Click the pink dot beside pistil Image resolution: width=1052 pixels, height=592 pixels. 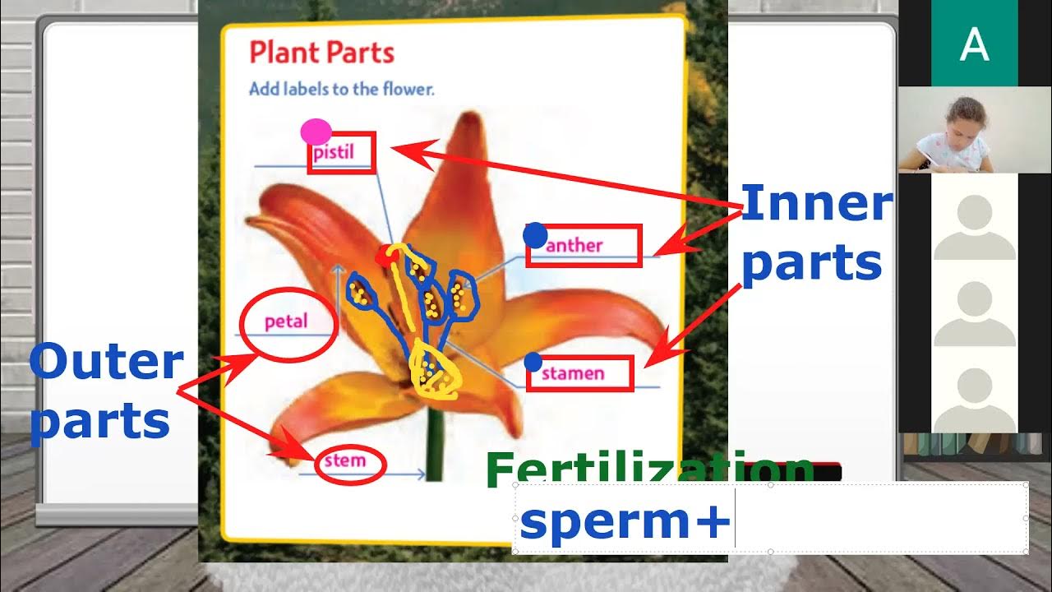tap(316, 132)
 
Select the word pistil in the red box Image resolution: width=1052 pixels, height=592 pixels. tap(334, 154)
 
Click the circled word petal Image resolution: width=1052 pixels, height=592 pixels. tap(287, 321)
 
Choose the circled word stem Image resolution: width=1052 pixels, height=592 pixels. tap(345, 460)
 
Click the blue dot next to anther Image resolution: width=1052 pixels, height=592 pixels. tap(535, 235)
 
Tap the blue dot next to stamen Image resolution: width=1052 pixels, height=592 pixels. tap(533, 361)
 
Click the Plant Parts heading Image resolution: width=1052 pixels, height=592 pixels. tap(322, 53)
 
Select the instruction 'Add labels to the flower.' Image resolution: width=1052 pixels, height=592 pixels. tap(341, 89)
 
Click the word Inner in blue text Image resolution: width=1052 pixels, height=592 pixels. tap(815, 204)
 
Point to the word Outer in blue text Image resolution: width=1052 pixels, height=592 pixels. tap(107, 362)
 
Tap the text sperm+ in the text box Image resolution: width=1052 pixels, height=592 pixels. tap(625, 524)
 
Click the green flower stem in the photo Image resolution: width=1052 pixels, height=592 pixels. tap(435, 444)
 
